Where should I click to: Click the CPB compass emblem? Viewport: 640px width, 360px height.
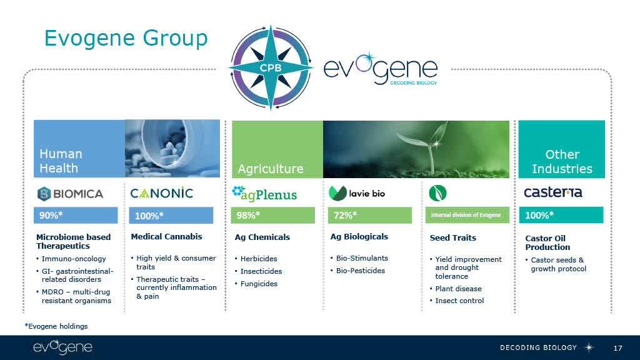(271, 67)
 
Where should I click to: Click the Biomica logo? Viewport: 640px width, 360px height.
(70, 194)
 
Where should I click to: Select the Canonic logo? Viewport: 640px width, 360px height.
(162, 192)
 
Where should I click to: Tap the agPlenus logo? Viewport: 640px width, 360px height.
(264, 194)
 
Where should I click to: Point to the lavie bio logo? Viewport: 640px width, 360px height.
(357, 193)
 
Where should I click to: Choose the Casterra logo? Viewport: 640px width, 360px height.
(553, 192)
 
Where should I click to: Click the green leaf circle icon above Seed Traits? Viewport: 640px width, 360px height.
(437, 193)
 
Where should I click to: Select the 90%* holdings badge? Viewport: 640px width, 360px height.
(76, 215)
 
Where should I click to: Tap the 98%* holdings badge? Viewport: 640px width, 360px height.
(272, 215)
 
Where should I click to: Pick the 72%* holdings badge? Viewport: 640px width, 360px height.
(370, 215)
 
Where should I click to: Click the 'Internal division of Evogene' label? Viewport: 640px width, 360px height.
(466, 215)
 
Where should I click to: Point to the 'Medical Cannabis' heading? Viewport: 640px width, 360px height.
(166, 237)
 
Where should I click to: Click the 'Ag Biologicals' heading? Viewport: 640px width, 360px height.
(359, 237)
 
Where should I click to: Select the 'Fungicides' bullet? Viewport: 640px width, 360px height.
(259, 284)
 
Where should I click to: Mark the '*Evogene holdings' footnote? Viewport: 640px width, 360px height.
(56, 326)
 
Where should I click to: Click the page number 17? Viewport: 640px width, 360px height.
(618, 348)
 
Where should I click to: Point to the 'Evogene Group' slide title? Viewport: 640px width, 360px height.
(126, 38)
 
